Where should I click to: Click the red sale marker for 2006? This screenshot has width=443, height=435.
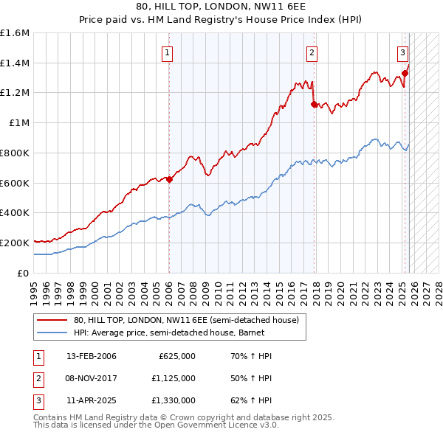(169, 179)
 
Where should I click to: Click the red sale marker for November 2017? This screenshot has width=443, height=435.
(314, 104)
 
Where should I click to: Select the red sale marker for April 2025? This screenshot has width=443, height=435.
(405, 73)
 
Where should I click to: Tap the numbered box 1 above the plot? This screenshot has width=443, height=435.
(168, 52)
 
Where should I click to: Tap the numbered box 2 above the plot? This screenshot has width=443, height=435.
(312, 52)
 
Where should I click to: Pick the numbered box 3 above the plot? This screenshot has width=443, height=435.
(402, 52)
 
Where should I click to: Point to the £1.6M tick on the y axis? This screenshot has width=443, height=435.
(15, 33)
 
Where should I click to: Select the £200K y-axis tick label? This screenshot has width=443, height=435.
(15, 243)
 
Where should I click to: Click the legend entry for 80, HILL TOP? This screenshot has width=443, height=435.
(185, 320)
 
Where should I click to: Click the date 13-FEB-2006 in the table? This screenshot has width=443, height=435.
(91, 356)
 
